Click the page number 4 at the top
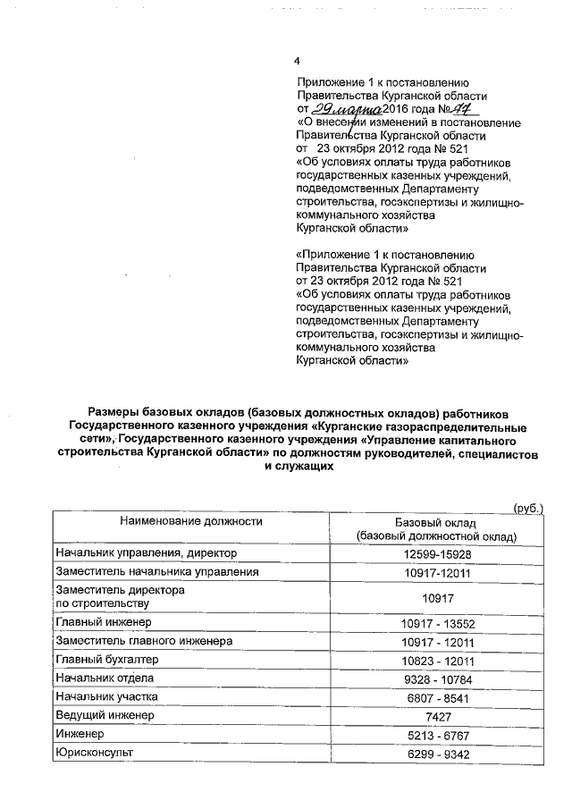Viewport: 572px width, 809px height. click(298, 62)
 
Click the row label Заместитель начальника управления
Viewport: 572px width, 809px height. click(157, 571)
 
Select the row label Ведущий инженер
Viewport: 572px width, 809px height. click(104, 717)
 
